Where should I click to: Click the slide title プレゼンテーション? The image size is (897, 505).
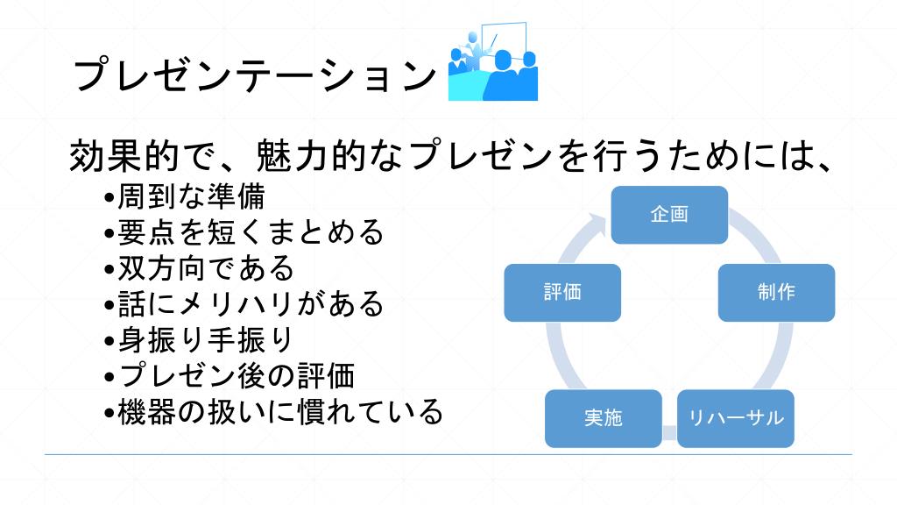254,75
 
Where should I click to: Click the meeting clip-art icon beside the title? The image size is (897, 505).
492,68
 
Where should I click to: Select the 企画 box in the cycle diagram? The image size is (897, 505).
669,215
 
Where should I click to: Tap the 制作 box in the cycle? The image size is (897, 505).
776,292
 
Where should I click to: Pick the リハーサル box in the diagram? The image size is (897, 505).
736,418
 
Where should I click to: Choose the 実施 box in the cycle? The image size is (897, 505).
603,418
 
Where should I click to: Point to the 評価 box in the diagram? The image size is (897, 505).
562,292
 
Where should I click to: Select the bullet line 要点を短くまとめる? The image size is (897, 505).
251,232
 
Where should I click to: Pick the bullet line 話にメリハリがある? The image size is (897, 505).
251,303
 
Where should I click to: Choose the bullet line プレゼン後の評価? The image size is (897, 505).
236,375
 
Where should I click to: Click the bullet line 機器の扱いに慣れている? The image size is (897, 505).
280,410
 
